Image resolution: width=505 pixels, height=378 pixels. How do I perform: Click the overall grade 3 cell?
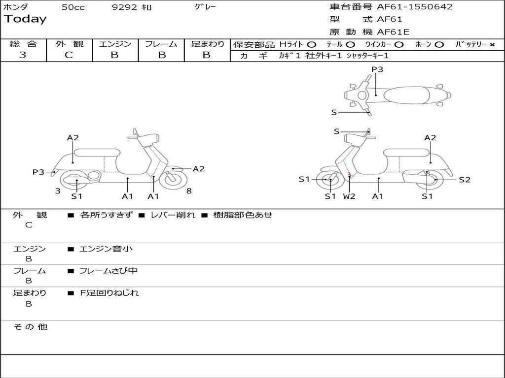point(23,55)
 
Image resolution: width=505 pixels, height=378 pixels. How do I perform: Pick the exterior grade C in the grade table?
point(69,55)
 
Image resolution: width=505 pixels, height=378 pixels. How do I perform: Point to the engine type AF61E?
point(393,32)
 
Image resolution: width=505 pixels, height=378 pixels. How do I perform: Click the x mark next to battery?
point(492,45)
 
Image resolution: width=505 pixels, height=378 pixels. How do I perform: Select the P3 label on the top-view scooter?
point(377,69)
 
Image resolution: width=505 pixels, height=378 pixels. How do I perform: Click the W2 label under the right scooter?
point(349,196)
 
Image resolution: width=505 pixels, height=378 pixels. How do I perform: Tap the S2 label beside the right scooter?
point(465,180)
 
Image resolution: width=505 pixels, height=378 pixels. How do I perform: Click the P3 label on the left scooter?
point(38,172)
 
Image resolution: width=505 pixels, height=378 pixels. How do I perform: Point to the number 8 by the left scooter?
point(189,191)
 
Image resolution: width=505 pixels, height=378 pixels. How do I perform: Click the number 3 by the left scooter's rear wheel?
point(58,191)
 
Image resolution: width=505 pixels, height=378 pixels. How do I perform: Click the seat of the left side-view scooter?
point(97,153)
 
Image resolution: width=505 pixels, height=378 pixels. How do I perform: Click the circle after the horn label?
point(439,45)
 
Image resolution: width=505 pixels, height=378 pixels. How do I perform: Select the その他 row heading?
point(30,327)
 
